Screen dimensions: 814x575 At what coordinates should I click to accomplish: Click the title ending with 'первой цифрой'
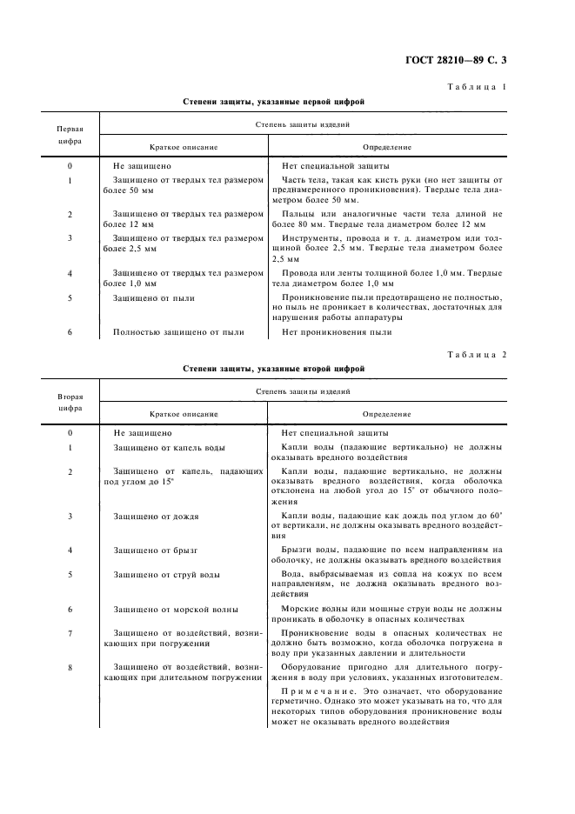[x=273, y=102]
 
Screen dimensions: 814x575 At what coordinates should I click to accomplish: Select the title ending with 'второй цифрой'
[x=273, y=369]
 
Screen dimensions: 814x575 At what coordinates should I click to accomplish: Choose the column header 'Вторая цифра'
[x=70, y=400]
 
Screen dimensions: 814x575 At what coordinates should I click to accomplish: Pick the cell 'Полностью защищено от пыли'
[x=177, y=331]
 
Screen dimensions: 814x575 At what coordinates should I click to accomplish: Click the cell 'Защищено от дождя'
[x=156, y=516]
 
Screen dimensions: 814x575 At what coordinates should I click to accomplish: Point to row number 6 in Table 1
[x=70, y=331]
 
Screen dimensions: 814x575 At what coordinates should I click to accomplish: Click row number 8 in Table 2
[x=70, y=667]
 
